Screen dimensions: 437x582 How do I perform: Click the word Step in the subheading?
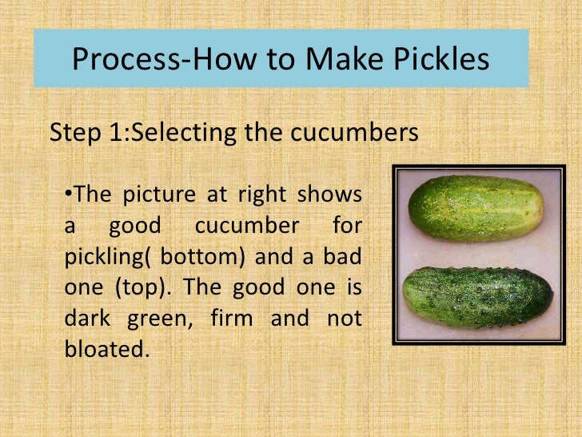pos(76,133)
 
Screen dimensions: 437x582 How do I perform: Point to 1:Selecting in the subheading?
pos(172,133)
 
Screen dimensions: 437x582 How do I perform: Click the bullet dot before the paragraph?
pos(67,193)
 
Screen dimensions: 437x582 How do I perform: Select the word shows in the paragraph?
pos(329,195)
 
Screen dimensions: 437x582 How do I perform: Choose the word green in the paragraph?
pos(160,317)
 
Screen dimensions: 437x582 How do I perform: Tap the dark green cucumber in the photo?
pos(477,297)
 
